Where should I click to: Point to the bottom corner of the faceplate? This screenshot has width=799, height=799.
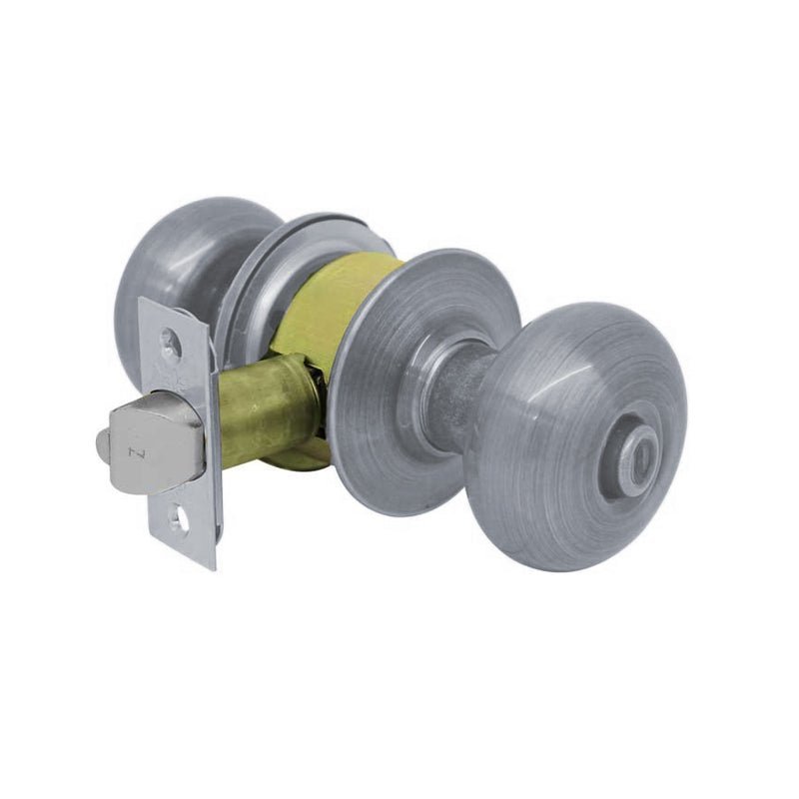pos(210,565)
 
